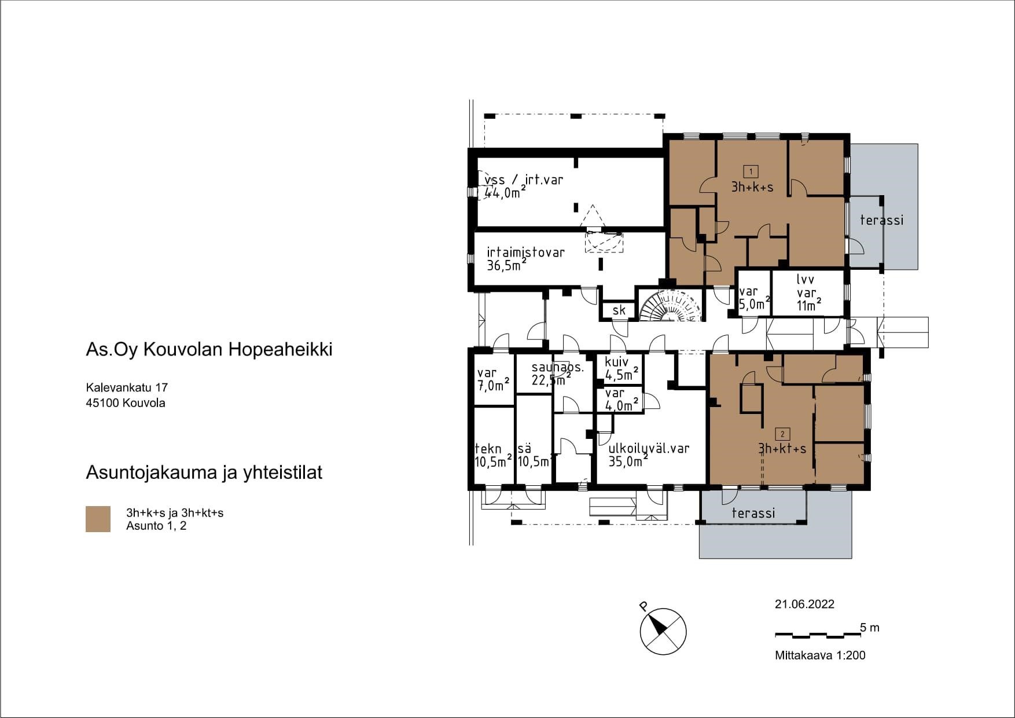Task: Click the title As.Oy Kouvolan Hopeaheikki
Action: pyautogui.click(x=209, y=350)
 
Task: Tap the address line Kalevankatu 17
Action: pyautogui.click(x=127, y=387)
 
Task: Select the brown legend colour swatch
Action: pyautogui.click(x=98, y=519)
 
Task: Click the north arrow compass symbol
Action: pyautogui.click(x=663, y=632)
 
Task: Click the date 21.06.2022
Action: pyautogui.click(x=804, y=605)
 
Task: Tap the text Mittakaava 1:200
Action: pyautogui.click(x=820, y=655)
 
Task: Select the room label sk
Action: pyautogui.click(x=619, y=310)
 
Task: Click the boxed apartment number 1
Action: pyautogui.click(x=751, y=171)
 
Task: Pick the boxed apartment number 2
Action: pyautogui.click(x=782, y=434)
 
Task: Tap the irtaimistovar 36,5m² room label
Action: pyautogui.click(x=525, y=259)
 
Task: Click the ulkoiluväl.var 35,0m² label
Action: pyautogui.click(x=649, y=455)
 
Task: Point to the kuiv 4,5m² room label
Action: pyautogui.click(x=621, y=369)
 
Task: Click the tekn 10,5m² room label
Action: pyautogui.click(x=493, y=455)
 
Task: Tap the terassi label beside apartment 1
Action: pyautogui.click(x=881, y=220)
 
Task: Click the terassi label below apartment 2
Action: pyautogui.click(x=753, y=513)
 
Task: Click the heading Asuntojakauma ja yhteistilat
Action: pyautogui.click(x=204, y=473)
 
